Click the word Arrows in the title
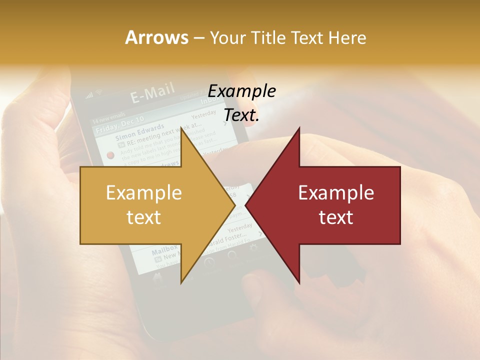(156, 37)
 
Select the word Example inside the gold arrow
(144, 193)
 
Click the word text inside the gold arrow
(144, 217)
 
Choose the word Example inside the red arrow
(336, 193)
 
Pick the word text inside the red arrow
(336, 217)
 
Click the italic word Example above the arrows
(242, 91)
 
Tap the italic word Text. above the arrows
(242, 115)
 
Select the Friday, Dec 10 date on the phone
(120, 122)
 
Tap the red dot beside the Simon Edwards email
(110, 155)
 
